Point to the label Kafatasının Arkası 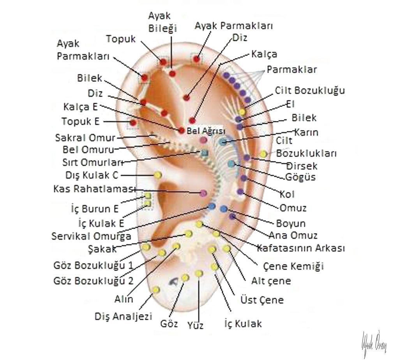(x=300, y=248)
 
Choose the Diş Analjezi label (x=123, y=316)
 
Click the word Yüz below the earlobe (x=195, y=325)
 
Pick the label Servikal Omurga (x=91, y=236)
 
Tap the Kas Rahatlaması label (x=94, y=189)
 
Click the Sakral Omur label (x=85, y=138)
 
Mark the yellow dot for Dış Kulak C (x=158, y=175)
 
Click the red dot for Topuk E (x=133, y=123)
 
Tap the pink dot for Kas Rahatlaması (x=203, y=192)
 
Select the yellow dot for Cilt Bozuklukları (x=263, y=154)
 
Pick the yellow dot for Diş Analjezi (x=156, y=290)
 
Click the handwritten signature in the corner (x=374, y=343)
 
